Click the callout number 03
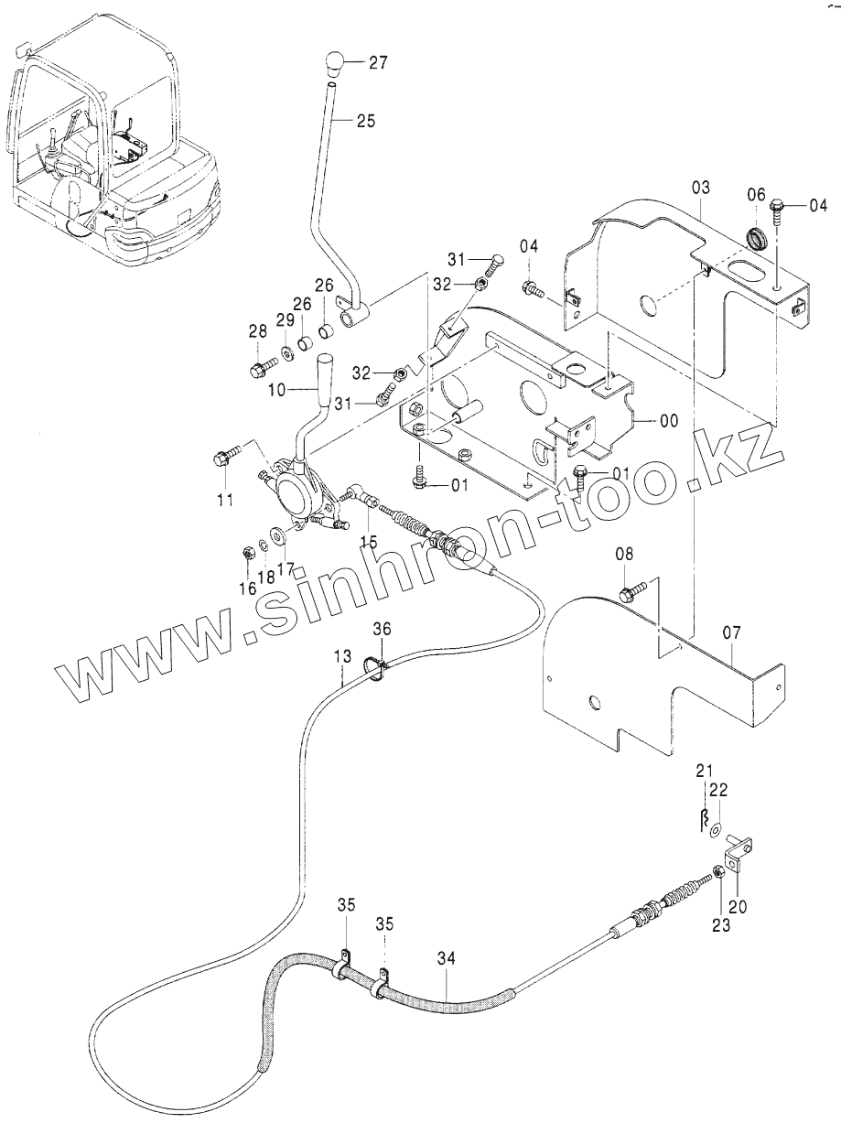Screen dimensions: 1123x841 coord(701,188)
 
